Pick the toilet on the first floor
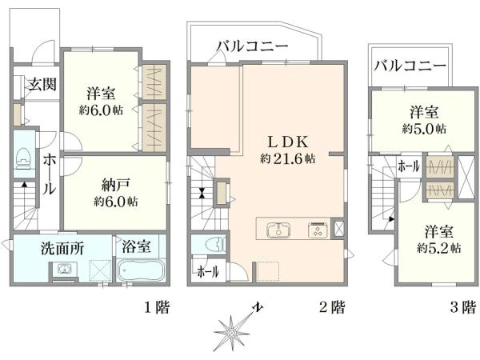[x=22, y=159]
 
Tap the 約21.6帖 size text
[x=287, y=158]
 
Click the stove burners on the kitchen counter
[x=316, y=230]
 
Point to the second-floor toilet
[x=213, y=244]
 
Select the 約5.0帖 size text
[x=424, y=128]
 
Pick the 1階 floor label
[x=156, y=306]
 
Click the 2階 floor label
[x=333, y=306]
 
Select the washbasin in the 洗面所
[x=61, y=270]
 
